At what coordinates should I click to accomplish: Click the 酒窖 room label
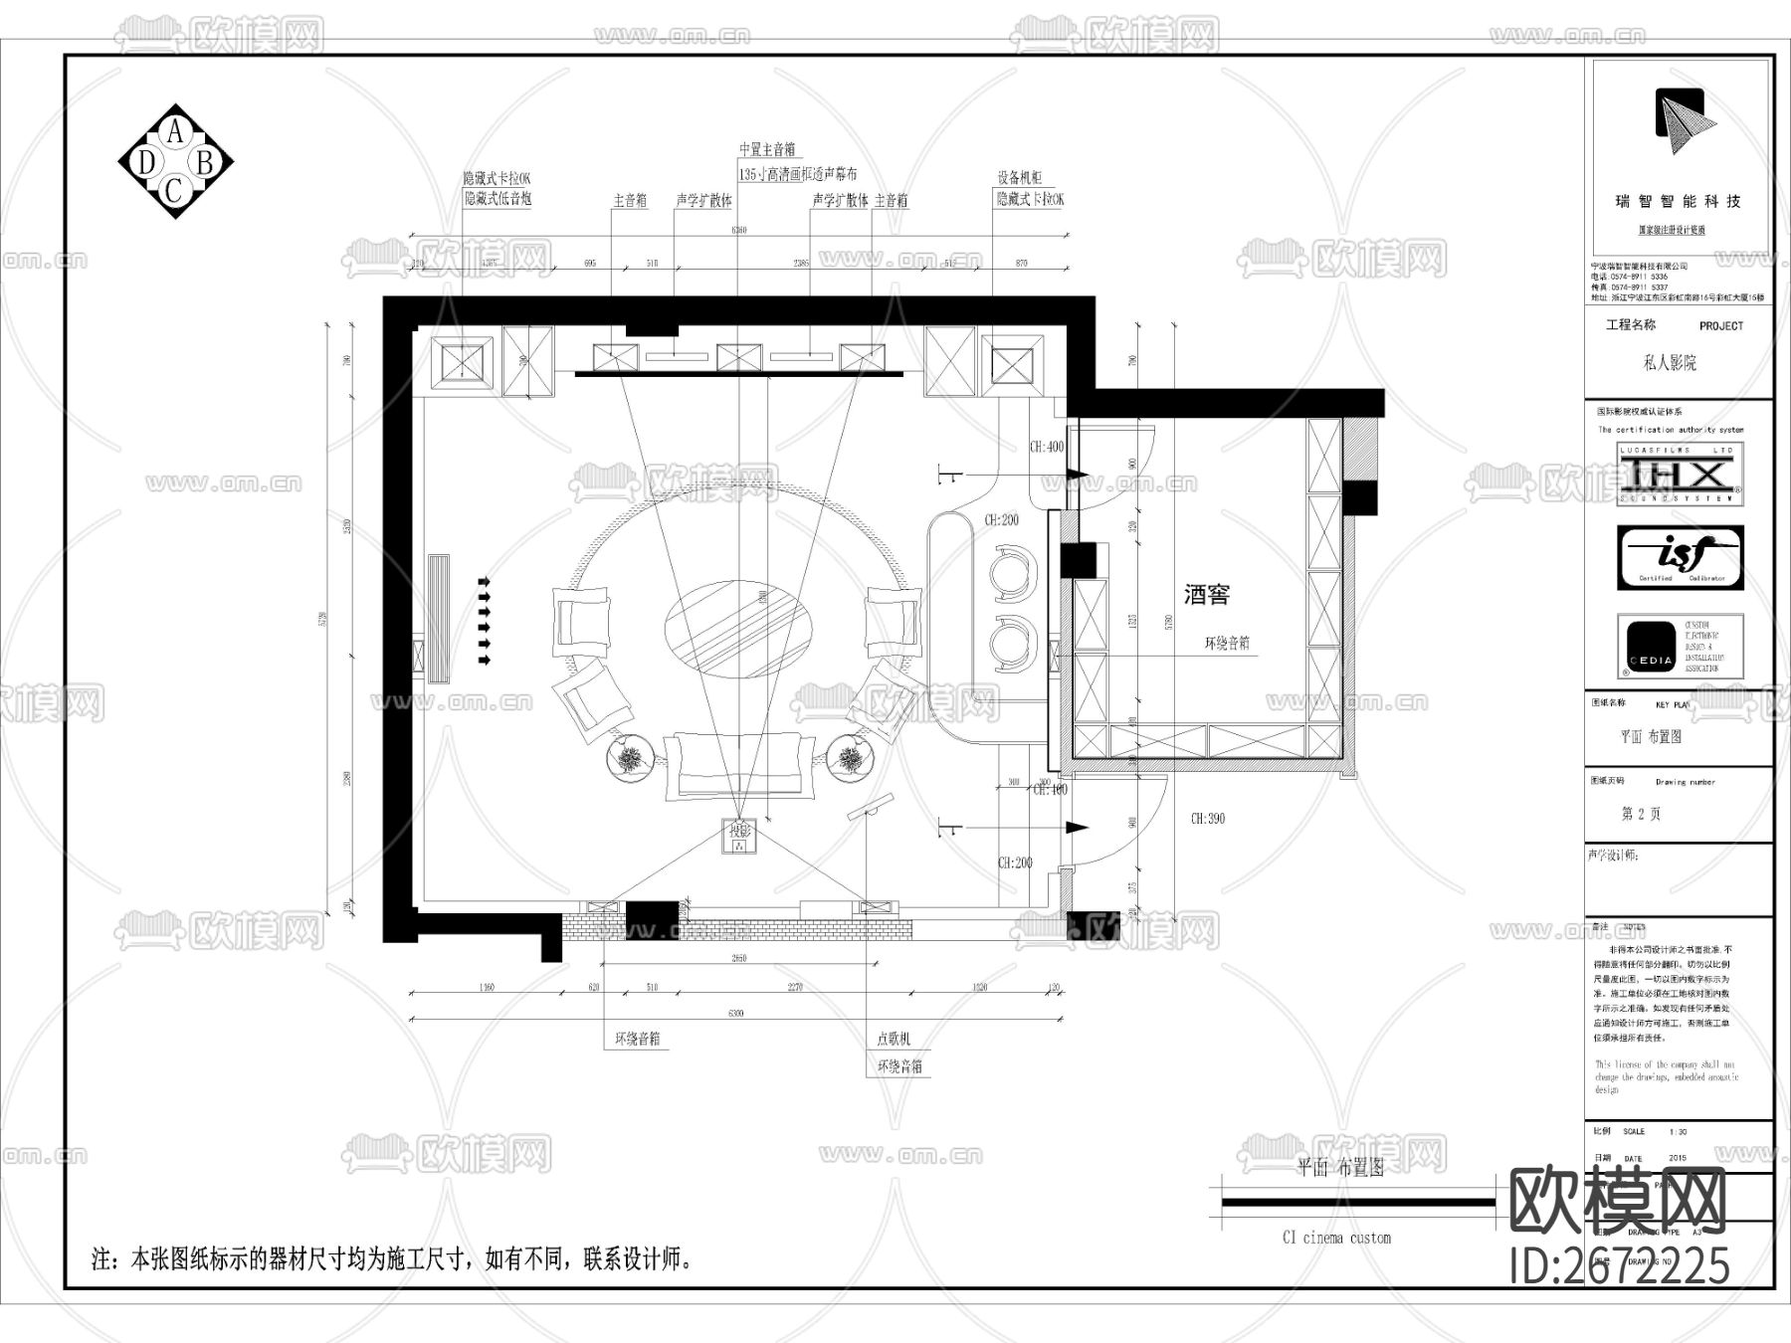(1207, 595)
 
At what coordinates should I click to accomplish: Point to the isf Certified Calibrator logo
(1680, 557)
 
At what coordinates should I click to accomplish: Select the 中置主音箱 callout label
(767, 150)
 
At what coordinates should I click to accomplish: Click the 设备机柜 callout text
(1020, 178)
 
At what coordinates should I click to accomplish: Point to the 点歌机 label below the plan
(894, 1039)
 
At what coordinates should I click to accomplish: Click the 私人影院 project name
(1670, 363)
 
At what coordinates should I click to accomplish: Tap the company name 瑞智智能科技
(1678, 201)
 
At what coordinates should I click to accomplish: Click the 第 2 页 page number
(1641, 814)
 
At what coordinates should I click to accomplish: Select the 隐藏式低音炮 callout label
(497, 199)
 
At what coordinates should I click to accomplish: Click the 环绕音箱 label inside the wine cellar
(1227, 644)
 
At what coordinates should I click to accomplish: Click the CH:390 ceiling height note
(1208, 819)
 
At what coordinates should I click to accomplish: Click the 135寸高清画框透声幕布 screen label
(798, 174)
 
